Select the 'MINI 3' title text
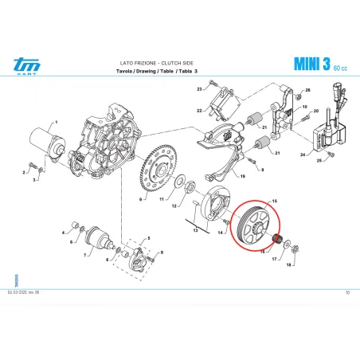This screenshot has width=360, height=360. tap(311, 64)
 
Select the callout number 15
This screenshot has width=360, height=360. tap(276, 201)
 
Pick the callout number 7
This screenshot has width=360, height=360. tap(86, 256)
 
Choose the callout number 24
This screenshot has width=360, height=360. tap(303, 155)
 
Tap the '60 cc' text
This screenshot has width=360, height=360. tap(341, 67)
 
